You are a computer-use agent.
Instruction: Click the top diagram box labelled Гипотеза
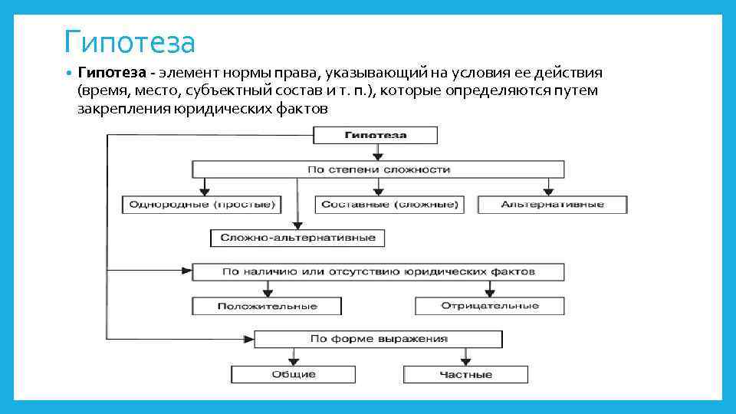376,136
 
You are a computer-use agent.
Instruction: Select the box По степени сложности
378,169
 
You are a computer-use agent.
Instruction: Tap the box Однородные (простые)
201,205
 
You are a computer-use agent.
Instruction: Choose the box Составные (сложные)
389,205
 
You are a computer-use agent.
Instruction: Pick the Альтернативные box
552,205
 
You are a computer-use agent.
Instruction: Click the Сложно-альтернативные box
297,238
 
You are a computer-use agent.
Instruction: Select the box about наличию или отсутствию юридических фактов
378,272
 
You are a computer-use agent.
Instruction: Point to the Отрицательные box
490,306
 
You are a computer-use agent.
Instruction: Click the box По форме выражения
378,339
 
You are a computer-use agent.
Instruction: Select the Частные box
465,374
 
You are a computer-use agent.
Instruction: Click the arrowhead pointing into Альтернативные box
548,192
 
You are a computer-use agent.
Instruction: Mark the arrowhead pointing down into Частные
465,361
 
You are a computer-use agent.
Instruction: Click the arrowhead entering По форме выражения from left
249,338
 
